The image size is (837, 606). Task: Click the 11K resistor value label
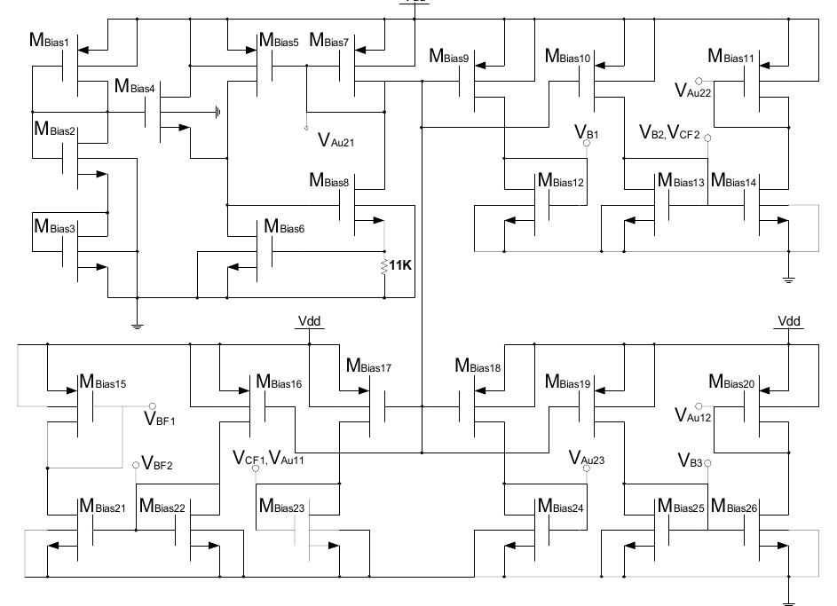(x=401, y=265)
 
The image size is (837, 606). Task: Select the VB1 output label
(x=586, y=134)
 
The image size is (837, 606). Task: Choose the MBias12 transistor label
(x=560, y=182)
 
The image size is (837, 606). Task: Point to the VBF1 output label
(x=160, y=417)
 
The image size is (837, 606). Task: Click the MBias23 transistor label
(x=281, y=507)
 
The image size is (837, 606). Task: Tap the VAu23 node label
(x=586, y=458)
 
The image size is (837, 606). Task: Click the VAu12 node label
(x=692, y=415)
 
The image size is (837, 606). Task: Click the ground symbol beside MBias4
(x=217, y=112)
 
